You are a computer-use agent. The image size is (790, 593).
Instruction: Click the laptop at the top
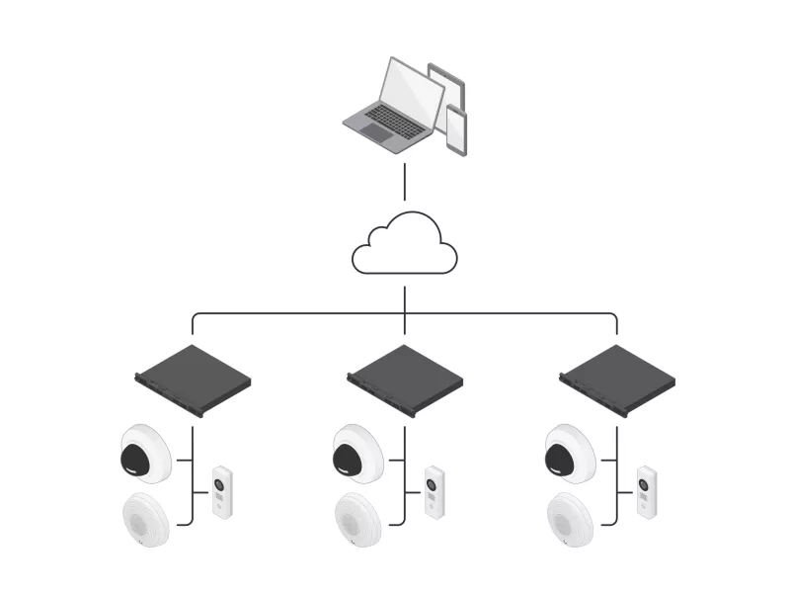point(391,109)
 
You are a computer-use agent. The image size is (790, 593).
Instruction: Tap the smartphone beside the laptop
point(455,129)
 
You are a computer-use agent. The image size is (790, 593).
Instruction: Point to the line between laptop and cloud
point(405,183)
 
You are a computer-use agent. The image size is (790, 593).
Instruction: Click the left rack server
point(194,380)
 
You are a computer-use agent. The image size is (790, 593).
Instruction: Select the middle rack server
point(405,380)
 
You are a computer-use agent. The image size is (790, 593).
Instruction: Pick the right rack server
point(617,380)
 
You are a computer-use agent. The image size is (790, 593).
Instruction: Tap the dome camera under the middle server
point(356,453)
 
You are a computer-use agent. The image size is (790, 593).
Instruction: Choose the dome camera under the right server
point(569,453)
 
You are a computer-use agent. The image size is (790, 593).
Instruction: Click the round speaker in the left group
point(144,518)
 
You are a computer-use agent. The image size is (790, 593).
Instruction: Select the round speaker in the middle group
point(356,518)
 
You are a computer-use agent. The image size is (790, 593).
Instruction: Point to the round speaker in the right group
point(569,518)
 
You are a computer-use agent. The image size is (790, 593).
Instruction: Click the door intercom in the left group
point(221,492)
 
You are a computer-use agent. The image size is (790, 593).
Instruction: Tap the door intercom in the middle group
point(434,492)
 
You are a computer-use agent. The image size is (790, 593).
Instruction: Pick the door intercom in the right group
point(646,492)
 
